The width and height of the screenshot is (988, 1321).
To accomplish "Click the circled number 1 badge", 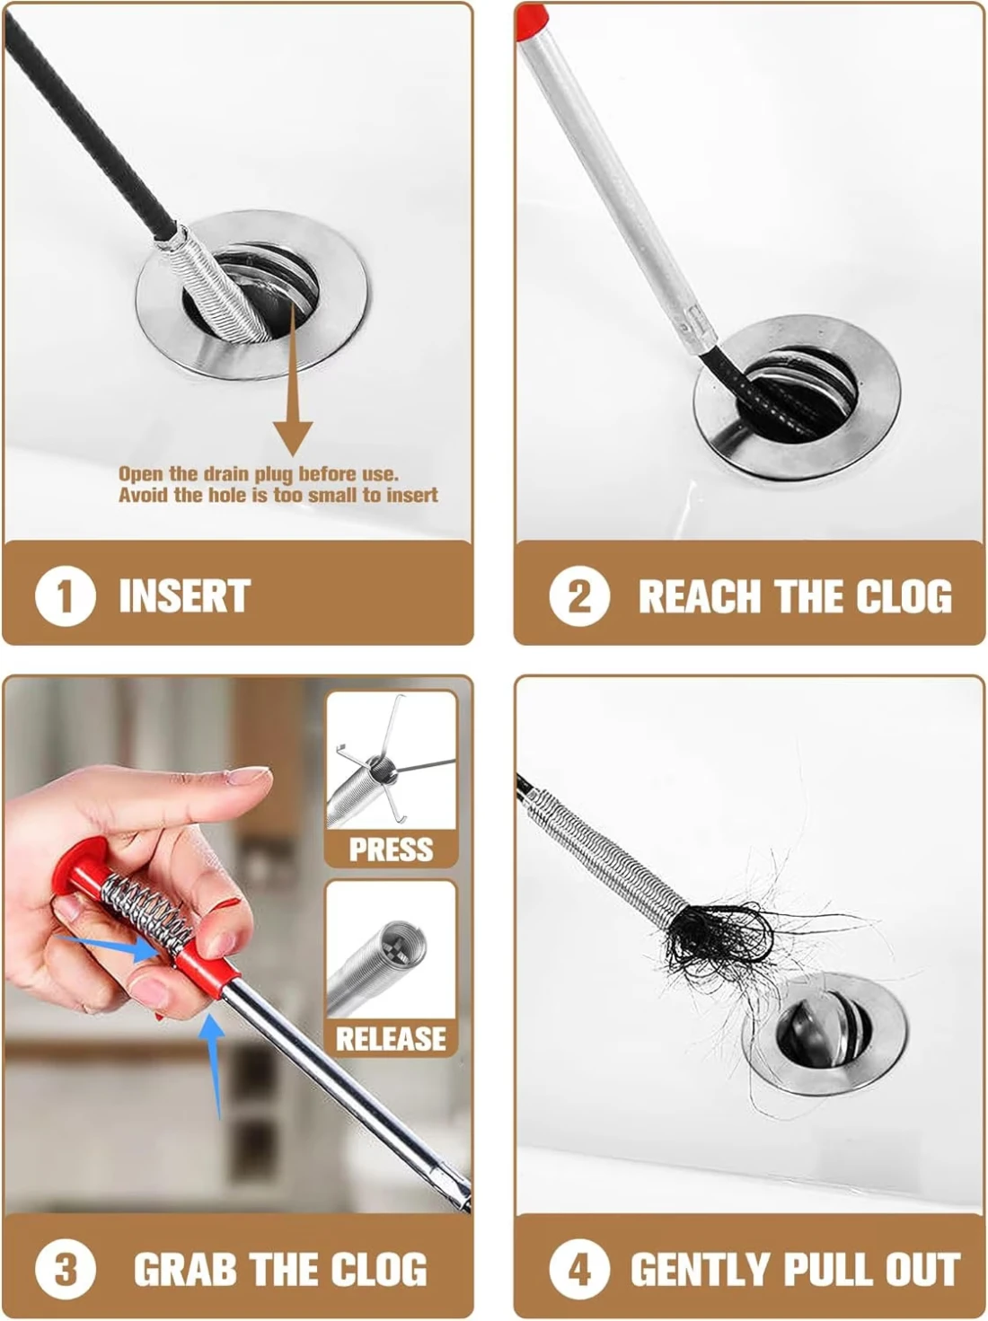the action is tap(65, 595).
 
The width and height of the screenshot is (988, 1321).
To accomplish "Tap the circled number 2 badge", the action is tap(579, 595).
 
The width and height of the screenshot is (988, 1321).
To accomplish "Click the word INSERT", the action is tap(185, 595).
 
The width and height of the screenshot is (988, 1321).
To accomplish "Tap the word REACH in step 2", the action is tap(700, 596).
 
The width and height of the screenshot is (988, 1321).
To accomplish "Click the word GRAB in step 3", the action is tap(186, 1270).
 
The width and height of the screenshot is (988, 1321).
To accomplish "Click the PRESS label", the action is tap(391, 850).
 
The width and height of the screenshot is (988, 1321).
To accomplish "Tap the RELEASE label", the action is tap(391, 1039).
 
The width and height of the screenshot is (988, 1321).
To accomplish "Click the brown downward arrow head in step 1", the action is tap(293, 437).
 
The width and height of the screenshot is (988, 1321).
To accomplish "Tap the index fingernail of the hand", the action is tap(248, 775).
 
